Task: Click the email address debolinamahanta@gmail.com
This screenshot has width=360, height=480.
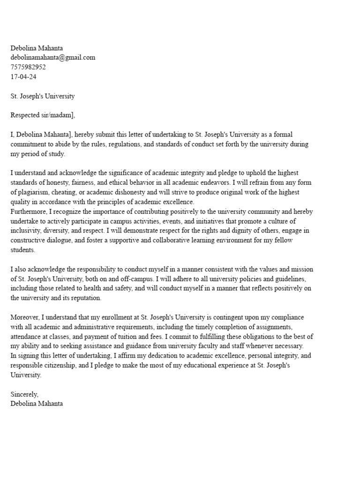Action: pos(53,57)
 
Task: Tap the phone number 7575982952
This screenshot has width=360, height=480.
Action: pos(28,67)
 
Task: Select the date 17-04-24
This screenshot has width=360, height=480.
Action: pos(23,76)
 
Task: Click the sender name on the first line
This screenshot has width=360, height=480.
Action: pos(37,48)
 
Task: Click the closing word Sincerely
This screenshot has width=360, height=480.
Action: pos(24,394)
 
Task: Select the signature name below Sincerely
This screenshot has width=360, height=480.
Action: pos(37,403)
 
